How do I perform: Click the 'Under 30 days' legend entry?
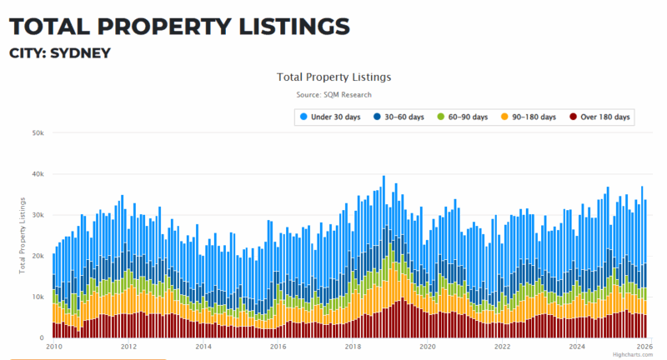coord(333,117)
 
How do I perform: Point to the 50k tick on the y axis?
coord(38,133)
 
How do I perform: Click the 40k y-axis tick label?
coord(38,174)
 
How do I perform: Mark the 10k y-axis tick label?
coord(38,297)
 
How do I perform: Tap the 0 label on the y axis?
coord(41,337)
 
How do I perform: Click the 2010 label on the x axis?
coord(54,347)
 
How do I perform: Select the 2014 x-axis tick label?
coord(203,347)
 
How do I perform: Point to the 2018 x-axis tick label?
coord(353,347)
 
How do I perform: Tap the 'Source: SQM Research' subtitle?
coord(333,95)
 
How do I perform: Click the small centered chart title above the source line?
coord(333,77)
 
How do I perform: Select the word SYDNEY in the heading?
coord(81,53)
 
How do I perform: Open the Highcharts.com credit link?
coord(638,355)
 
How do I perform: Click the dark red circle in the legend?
coord(574,117)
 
